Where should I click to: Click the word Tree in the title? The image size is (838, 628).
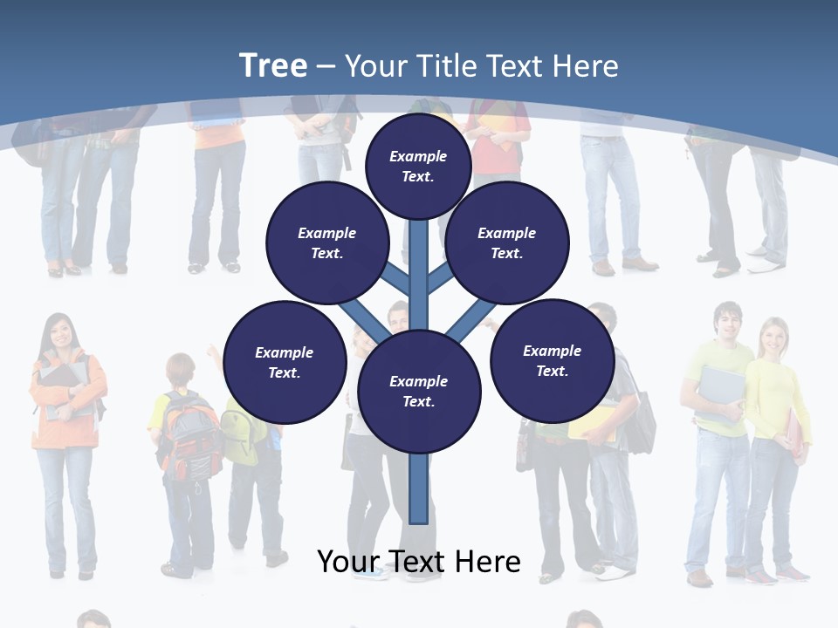273,65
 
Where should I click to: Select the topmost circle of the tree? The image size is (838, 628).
418,166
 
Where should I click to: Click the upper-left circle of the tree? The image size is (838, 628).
326,243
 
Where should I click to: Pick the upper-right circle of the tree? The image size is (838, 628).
506,243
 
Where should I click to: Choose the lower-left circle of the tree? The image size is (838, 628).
285,362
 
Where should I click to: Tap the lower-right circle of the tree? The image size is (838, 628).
552,360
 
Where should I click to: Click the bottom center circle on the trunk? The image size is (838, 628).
419,391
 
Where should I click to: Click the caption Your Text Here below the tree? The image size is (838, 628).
419,562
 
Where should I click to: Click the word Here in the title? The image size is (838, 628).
586,66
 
